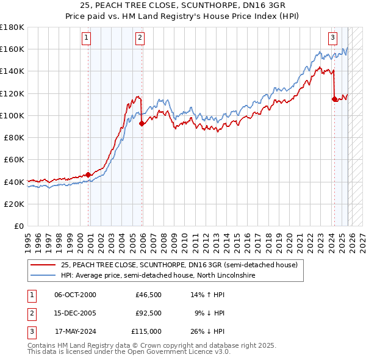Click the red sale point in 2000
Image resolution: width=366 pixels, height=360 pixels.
[88, 175]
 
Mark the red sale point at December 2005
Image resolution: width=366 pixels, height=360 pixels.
[142, 123]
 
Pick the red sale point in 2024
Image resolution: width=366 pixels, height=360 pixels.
[334, 99]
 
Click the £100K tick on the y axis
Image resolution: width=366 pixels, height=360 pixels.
[12, 115]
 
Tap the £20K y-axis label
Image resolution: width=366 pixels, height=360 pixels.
[14, 204]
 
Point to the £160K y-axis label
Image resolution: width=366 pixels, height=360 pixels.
[12, 49]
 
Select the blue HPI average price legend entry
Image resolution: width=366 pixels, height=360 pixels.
[157, 276]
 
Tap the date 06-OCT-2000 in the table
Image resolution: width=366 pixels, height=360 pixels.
[75, 295]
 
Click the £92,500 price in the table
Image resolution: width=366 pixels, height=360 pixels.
[148, 313]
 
